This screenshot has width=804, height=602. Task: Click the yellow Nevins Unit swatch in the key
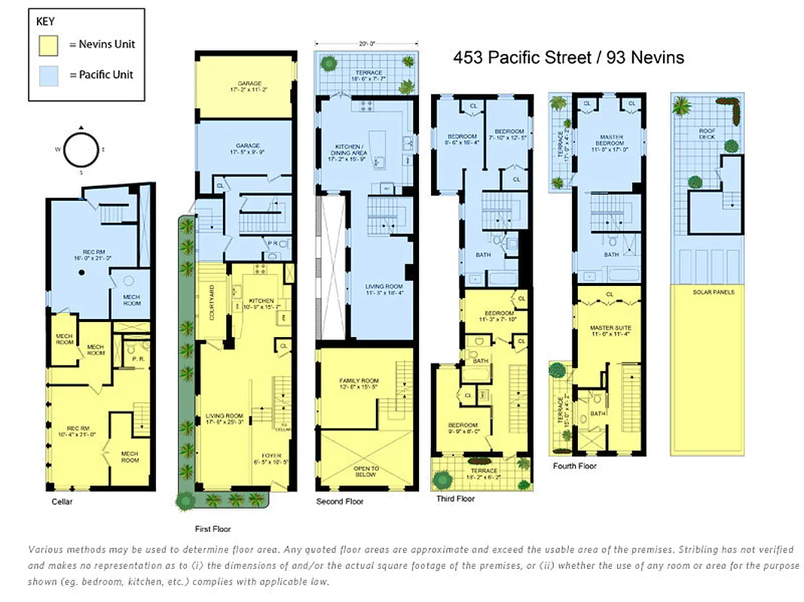pyautogui.click(x=50, y=45)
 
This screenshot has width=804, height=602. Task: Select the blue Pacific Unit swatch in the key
pyautogui.click(x=50, y=74)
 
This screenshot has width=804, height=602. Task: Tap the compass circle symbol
pyautogui.click(x=81, y=149)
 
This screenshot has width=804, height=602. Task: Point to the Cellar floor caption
pyautogui.click(x=62, y=501)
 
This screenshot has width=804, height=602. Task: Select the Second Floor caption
pyautogui.click(x=340, y=501)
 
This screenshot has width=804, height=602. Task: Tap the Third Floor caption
pyautogui.click(x=456, y=498)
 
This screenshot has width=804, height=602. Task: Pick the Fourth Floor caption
pyautogui.click(x=575, y=466)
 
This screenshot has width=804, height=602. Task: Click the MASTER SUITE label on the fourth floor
pyautogui.click(x=610, y=328)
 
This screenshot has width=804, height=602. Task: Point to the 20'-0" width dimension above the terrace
pyautogui.click(x=365, y=43)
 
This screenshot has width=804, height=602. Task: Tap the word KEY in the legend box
pyautogui.click(x=45, y=22)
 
